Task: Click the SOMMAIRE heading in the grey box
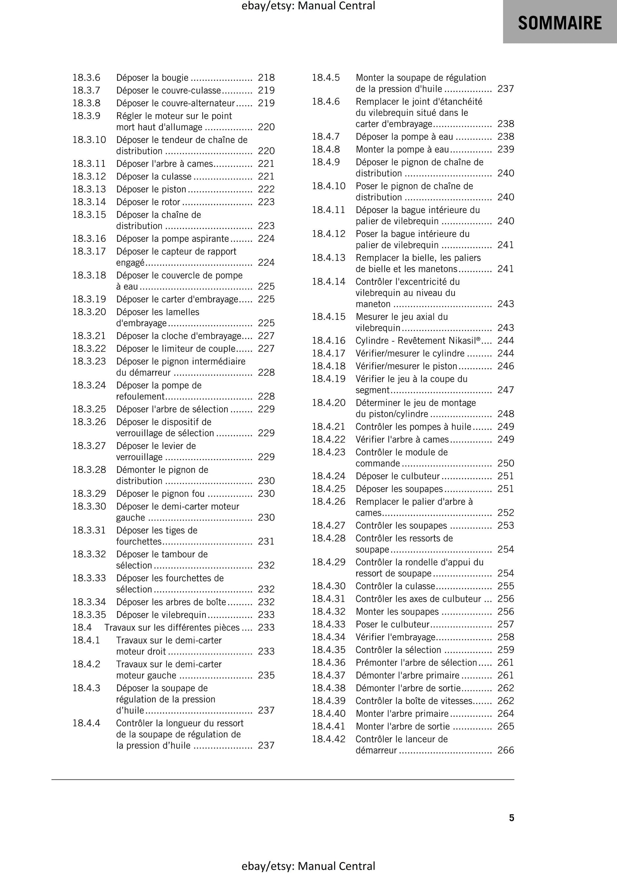pos(560,23)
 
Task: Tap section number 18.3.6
pos(86,78)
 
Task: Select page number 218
pos(266,78)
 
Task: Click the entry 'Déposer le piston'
pos(151,189)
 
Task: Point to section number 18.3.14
pos(89,202)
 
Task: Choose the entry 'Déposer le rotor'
pos(148,202)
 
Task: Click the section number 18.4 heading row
pos(82,627)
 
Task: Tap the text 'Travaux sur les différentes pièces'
pos(172,627)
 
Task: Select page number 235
pos(266,675)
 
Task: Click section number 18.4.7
pos(326,137)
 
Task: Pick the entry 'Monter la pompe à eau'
pos(402,149)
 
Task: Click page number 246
pos(505,366)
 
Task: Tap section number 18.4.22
pos(329,440)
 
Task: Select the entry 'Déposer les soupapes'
pos(399,489)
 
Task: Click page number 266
pos(505,750)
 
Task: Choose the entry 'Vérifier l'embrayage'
pos(395,637)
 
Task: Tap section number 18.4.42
pos(329,739)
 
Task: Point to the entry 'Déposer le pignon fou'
pos(160,494)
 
